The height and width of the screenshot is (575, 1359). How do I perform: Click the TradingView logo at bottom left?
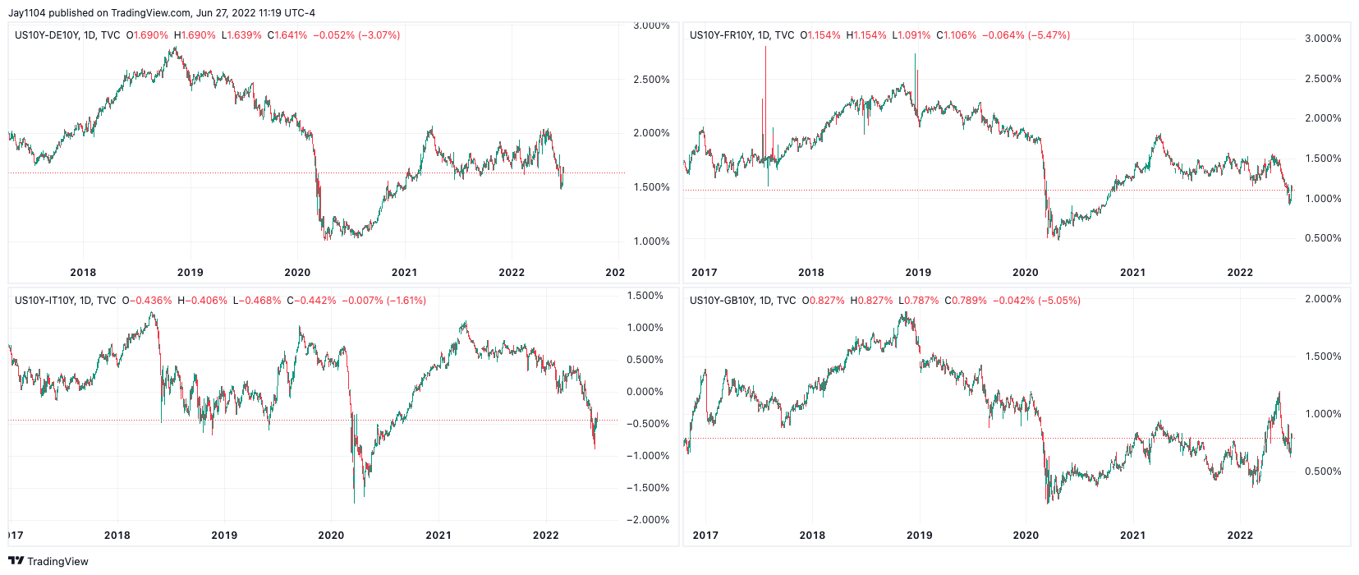pyautogui.click(x=48, y=561)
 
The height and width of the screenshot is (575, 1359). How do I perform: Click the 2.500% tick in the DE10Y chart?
pyautogui.click(x=651, y=80)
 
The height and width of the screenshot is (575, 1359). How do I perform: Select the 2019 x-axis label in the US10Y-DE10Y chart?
pyautogui.click(x=190, y=273)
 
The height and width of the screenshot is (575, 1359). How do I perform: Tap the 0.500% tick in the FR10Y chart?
pyautogui.click(x=1323, y=238)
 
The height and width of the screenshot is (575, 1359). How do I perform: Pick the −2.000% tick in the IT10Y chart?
pyautogui.click(x=648, y=520)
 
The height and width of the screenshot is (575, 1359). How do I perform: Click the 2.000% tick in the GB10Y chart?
pyautogui.click(x=1323, y=299)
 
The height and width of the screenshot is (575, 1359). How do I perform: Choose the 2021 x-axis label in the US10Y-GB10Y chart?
pyautogui.click(x=1132, y=536)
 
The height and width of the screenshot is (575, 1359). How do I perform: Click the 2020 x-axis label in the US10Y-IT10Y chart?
pyautogui.click(x=331, y=536)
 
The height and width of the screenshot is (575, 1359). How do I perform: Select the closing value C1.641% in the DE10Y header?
pyautogui.click(x=287, y=35)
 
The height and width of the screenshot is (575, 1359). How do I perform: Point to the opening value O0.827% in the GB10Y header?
pyautogui.click(x=823, y=301)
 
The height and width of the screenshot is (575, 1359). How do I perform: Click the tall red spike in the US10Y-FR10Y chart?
pyautogui.click(x=765, y=82)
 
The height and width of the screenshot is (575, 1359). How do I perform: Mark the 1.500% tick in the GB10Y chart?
pyautogui.click(x=1323, y=356)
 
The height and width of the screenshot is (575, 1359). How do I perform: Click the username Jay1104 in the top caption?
pyautogui.click(x=27, y=13)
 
